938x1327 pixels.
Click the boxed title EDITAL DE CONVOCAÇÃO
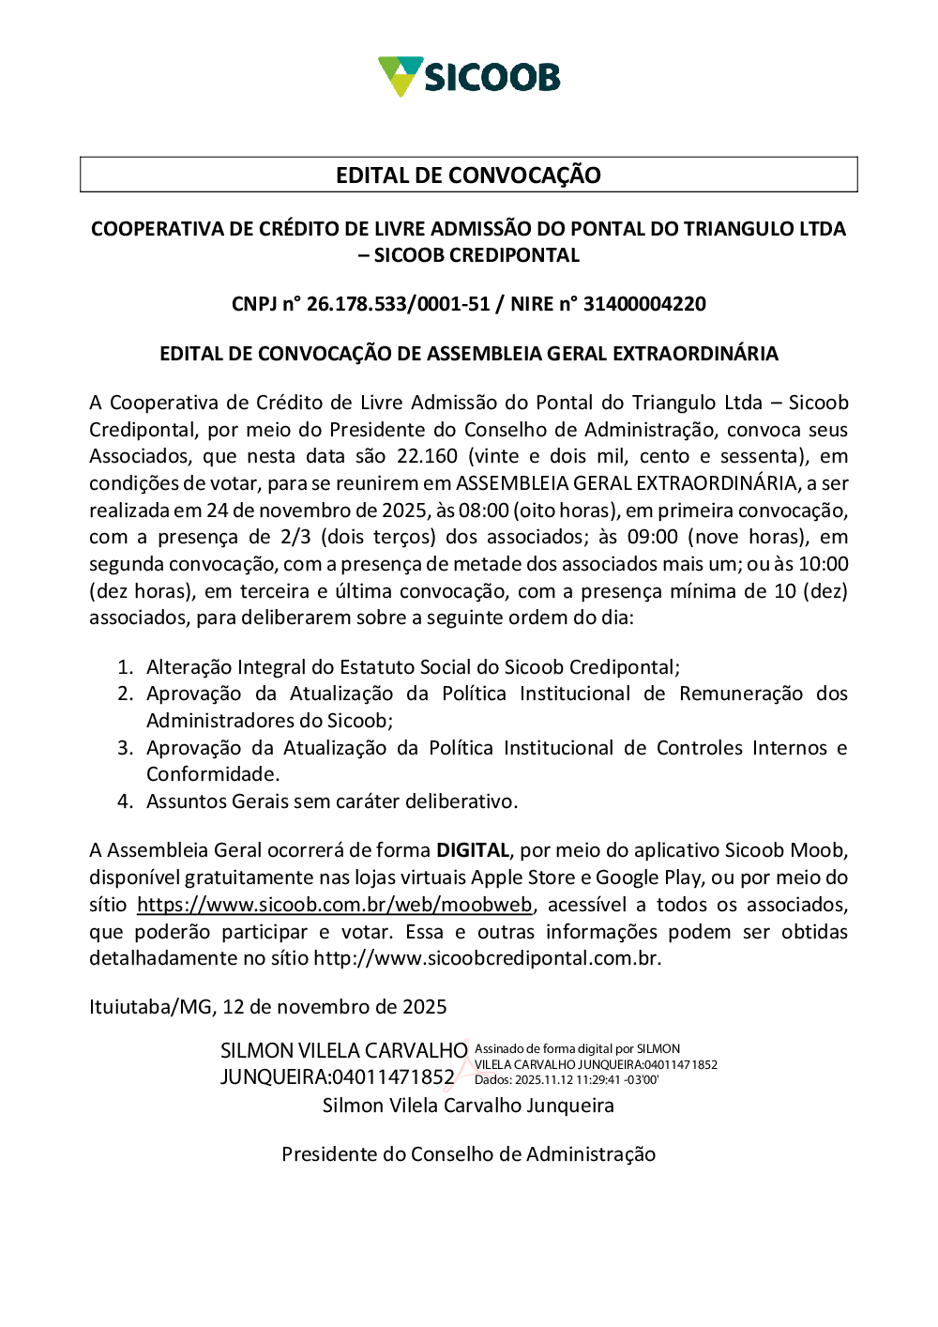tap(468, 175)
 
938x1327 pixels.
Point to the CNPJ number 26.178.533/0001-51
tap(398, 304)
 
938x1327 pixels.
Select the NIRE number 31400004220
tap(644, 304)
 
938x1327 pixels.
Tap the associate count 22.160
tap(427, 456)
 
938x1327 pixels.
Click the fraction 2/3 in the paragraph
tap(295, 537)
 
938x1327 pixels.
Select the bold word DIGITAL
tap(473, 850)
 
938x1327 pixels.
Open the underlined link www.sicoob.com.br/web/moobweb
tap(335, 905)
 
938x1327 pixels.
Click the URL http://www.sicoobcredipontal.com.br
tap(486, 958)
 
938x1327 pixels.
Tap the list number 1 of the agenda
tap(126, 667)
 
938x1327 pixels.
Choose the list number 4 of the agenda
tap(126, 801)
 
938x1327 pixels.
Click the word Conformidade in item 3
tap(212, 774)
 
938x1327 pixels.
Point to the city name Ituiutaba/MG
tap(150, 1007)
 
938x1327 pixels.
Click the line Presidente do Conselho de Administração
tap(468, 1154)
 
